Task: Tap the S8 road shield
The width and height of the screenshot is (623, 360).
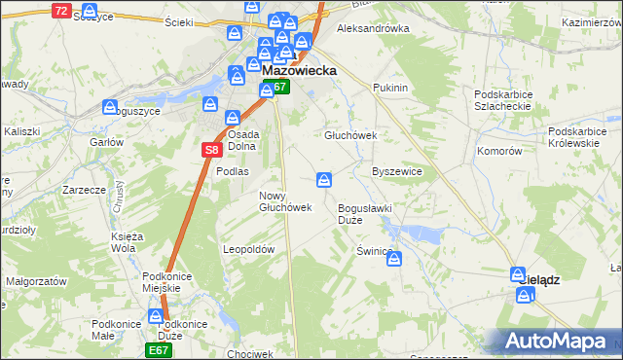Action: click(212, 150)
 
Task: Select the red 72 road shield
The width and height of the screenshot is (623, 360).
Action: click(61, 11)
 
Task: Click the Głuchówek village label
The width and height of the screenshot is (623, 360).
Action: click(349, 136)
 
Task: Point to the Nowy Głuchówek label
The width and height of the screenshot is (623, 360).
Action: click(284, 201)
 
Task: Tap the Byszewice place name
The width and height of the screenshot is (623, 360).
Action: click(396, 171)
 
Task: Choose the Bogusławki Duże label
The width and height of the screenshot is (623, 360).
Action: click(363, 214)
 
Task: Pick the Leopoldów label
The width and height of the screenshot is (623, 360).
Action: click(249, 249)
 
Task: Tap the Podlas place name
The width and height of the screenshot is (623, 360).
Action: click(233, 171)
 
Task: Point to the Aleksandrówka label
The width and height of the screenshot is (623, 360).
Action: click(372, 29)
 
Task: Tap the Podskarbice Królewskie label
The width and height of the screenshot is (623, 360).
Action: click(584, 136)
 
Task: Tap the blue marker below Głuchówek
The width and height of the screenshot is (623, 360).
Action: click(325, 179)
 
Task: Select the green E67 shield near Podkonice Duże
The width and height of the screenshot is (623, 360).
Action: click(160, 349)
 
